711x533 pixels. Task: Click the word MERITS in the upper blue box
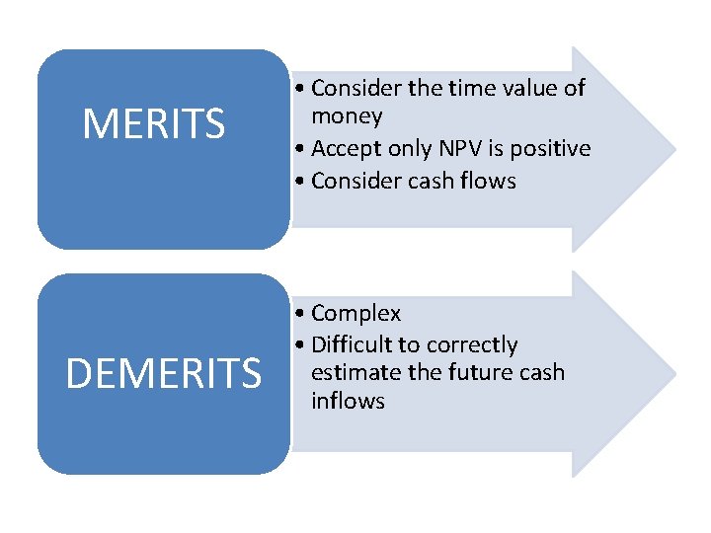point(154,123)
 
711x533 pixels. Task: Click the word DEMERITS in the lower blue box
point(164,372)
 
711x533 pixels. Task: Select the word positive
point(550,149)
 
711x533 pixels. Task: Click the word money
point(347,116)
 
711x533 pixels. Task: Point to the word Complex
point(355,314)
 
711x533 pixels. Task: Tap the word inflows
point(349,401)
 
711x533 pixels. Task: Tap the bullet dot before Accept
point(299,148)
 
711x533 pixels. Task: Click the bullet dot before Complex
point(299,313)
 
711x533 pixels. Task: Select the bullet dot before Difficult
point(299,344)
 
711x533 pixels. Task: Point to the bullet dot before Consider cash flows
point(299,181)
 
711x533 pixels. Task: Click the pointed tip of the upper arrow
point(675,149)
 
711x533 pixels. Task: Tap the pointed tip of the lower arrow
point(675,374)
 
